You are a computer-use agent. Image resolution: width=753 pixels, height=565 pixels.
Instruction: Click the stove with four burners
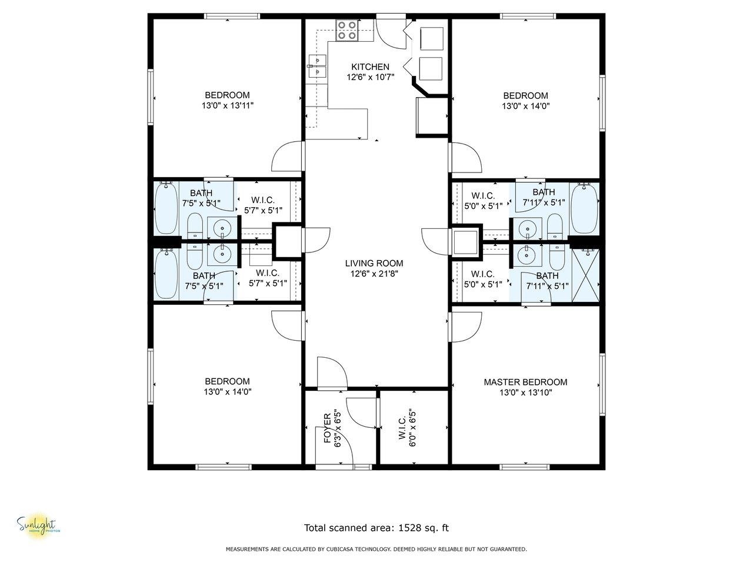tap(347, 30)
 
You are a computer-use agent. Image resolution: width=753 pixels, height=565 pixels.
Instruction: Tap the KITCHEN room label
tap(370, 67)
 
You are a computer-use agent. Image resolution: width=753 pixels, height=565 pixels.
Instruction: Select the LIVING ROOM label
tap(374, 263)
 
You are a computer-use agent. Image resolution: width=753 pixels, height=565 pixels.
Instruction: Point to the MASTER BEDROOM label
tap(525, 382)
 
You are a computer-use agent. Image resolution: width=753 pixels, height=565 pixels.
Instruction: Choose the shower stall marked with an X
tap(585, 275)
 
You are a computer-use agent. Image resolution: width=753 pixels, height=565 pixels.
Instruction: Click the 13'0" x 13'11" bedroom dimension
tap(228, 105)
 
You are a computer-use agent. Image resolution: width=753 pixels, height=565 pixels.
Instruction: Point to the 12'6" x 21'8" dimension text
tap(374, 274)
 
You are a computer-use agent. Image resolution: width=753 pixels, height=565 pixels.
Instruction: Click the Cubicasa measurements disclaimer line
tap(376, 549)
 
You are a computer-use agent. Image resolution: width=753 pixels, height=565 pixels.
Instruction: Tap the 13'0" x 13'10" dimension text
tap(525, 393)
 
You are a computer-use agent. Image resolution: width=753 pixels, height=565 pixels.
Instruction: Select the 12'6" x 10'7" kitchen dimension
tap(370, 77)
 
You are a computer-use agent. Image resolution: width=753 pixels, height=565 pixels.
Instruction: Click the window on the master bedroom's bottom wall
tap(525, 467)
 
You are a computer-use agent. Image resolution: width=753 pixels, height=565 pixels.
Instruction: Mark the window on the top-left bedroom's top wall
tap(232, 16)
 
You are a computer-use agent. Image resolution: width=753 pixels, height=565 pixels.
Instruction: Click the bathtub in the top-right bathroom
tap(584, 209)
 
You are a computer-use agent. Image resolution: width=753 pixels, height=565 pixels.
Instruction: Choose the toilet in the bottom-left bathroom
tap(195, 256)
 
